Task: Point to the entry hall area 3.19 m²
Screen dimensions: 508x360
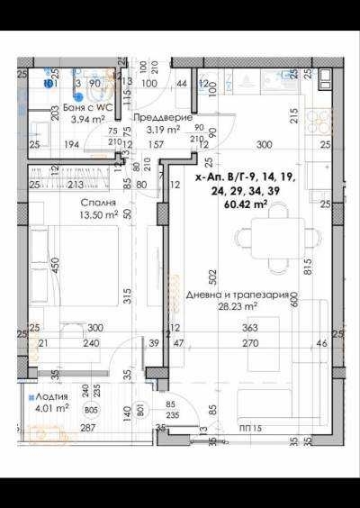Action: [163, 129]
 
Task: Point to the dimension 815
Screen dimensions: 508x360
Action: [307, 261]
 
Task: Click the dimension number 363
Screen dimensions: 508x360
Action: [249, 329]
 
